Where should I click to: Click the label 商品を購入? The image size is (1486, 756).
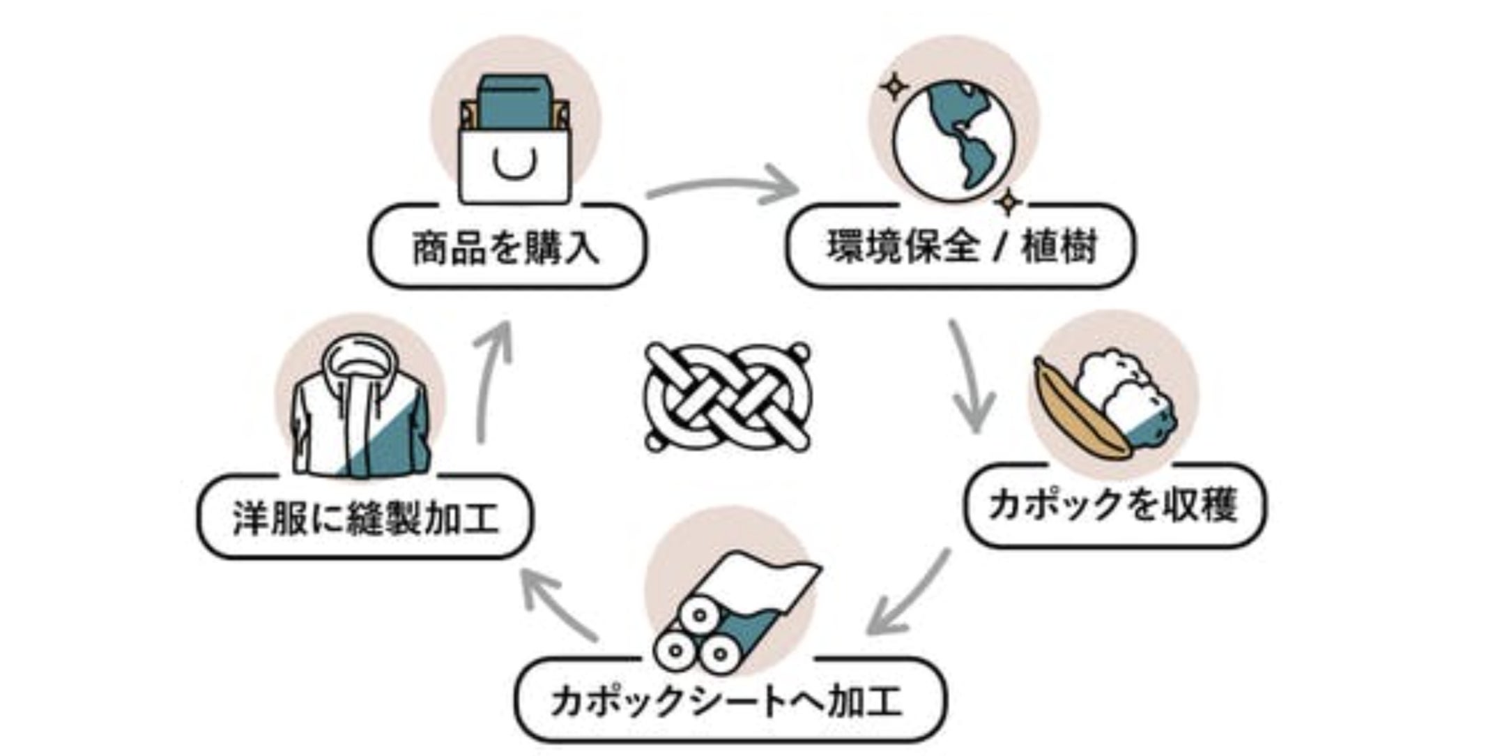(507, 248)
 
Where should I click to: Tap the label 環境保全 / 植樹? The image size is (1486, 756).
(961, 247)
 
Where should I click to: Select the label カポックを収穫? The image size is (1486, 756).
(1113, 505)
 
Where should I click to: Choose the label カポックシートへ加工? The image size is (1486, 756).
(728, 700)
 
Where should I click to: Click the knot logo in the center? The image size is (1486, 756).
(728, 397)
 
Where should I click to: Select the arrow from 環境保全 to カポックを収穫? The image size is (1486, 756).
(969, 377)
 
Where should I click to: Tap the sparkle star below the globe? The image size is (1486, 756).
(1006, 202)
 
